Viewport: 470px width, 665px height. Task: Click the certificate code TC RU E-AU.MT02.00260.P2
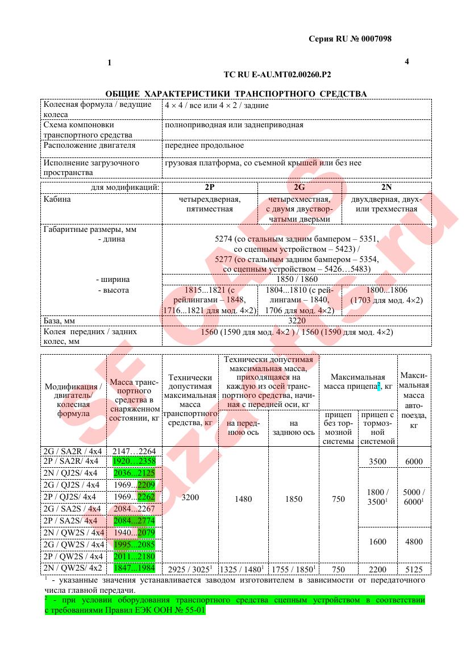click(277, 74)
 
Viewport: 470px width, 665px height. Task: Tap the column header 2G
click(299, 187)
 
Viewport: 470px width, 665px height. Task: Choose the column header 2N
click(386, 187)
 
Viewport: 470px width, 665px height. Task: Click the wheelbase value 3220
click(297, 321)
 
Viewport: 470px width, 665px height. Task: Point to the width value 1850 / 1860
click(297, 279)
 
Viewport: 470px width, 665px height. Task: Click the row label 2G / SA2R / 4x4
click(73, 451)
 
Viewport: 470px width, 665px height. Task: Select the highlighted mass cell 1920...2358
click(134, 461)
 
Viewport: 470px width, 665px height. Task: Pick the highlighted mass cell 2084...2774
click(134, 521)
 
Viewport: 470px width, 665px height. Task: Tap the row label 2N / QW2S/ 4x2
click(73, 569)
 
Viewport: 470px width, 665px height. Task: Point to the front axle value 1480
click(243, 499)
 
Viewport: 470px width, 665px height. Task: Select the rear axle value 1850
click(293, 499)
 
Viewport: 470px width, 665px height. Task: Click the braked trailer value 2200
click(377, 569)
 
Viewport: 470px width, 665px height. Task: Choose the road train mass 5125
click(414, 569)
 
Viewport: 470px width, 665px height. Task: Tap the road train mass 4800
click(414, 542)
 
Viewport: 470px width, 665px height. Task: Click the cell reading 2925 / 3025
click(190, 569)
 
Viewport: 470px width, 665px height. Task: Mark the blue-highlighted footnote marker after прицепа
click(379, 385)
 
